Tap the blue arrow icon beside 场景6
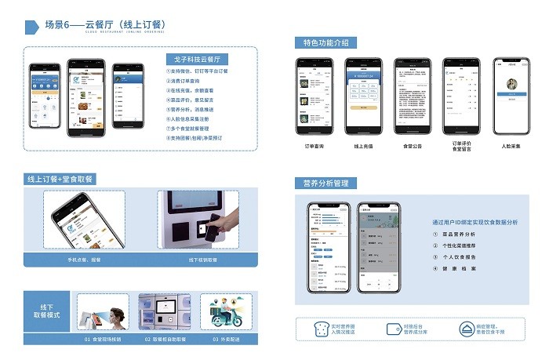tap(32, 27)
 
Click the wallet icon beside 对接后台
tap(394, 329)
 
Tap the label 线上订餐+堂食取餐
tap(60, 180)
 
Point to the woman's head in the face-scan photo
tap(115, 317)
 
